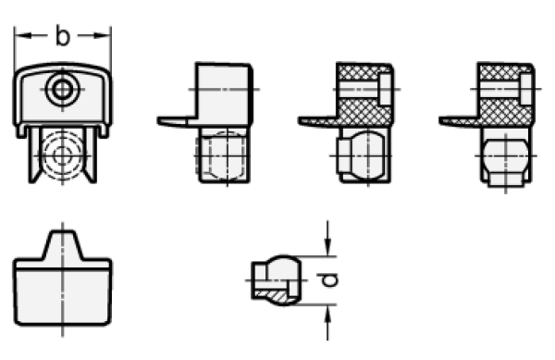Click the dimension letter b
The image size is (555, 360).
(x=63, y=36)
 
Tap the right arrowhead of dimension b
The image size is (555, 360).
(x=102, y=35)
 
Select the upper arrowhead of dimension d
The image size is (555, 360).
(x=327, y=247)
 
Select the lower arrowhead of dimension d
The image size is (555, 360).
(x=327, y=314)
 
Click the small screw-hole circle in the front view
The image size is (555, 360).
(x=63, y=89)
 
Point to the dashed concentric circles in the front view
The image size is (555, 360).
(x=63, y=155)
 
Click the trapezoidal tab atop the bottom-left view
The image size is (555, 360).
(x=63, y=245)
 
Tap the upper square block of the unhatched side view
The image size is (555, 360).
(x=224, y=93)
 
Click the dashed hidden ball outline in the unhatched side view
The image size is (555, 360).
(x=221, y=155)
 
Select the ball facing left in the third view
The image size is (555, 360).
(x=360, y=155)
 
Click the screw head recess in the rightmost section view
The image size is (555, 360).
(x=526, y=89)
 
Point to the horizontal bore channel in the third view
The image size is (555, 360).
(x=359, y=89)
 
